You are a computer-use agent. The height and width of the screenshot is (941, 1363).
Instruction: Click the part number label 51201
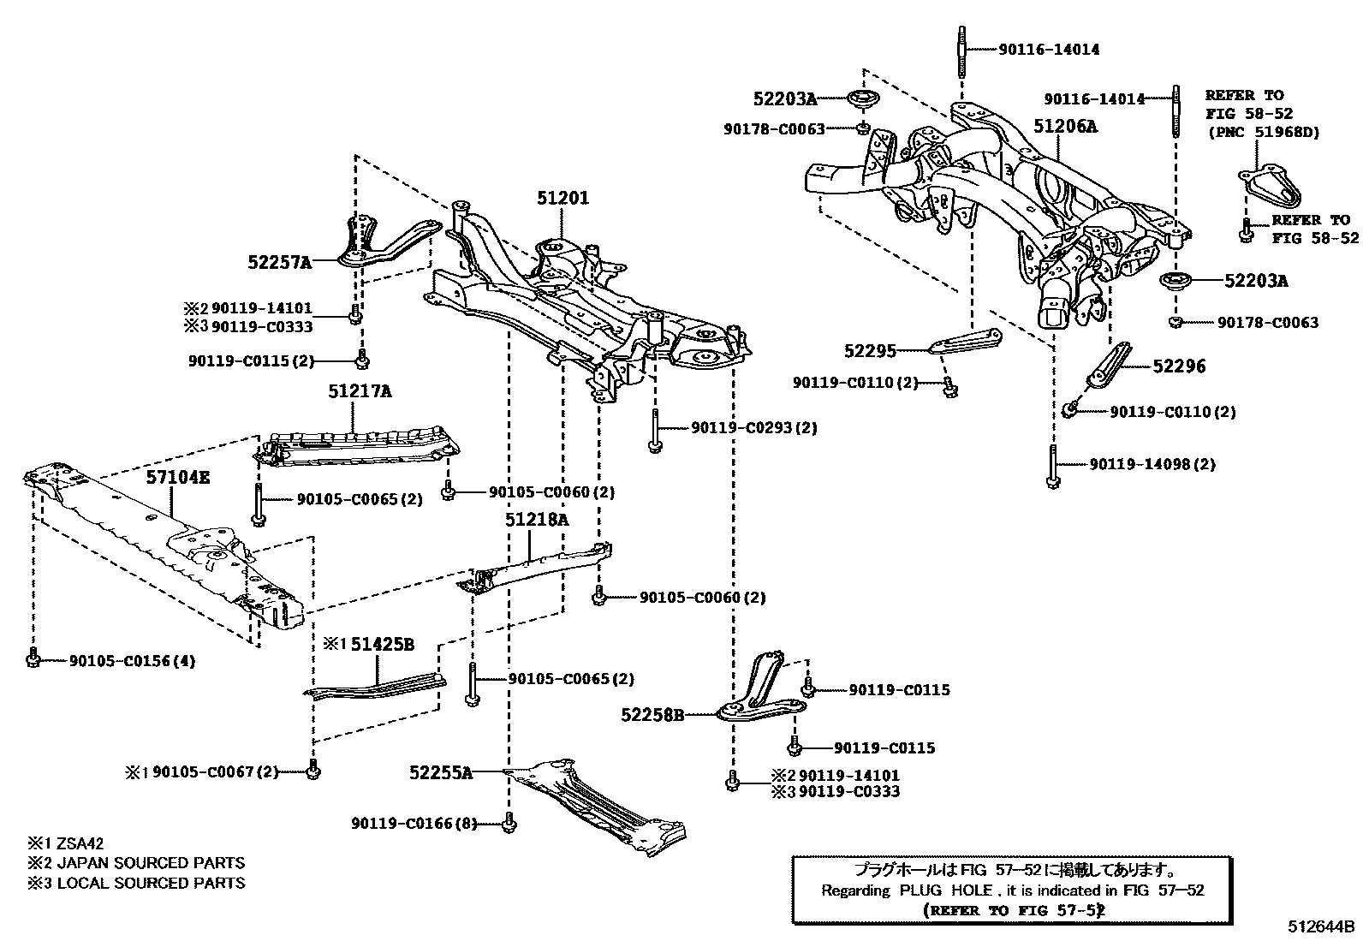pyautogui.click(x=562, y=199)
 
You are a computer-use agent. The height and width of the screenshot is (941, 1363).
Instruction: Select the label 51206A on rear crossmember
pyautogui.click(x=1064, y=128)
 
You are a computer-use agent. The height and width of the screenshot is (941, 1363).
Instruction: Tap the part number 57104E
pyautogui.click(x=176, y=478)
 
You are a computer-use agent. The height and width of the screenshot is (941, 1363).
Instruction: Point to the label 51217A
pyautogui.click(x=359, y=391)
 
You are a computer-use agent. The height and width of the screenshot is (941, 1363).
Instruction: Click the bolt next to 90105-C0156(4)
pyautogui.click(x=33, y=660)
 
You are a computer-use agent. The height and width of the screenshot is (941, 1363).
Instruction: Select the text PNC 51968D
pyautogui.click(x=1264, y=133)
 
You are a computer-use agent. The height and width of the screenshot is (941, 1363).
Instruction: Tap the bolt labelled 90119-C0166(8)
pyautogui.click(x=509, y=823)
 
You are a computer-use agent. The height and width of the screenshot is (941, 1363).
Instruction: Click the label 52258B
pyautogui.click(x=652, y=714)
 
